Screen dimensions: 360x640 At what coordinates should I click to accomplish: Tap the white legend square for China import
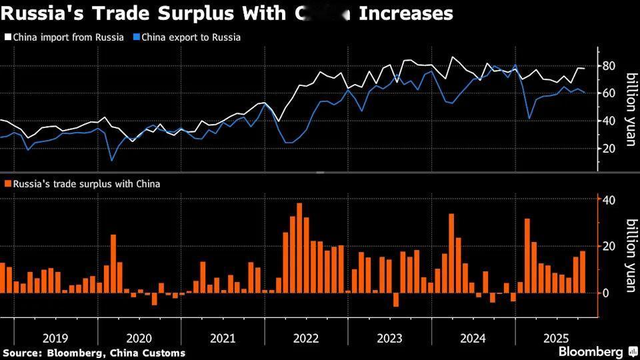click(x=7, y=37)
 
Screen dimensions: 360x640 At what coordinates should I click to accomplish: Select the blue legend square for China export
click(x=136, y=37)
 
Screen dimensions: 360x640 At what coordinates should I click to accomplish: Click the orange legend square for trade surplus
click(x=7, y=183)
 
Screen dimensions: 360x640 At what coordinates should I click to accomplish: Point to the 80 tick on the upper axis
click(x=608, y=65)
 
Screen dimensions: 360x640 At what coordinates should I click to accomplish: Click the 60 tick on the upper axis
click(x=608, y=93)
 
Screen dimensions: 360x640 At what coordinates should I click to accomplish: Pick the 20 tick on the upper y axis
click(x=608, y=149)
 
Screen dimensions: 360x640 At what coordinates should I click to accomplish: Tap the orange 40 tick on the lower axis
click(x=608, y=200)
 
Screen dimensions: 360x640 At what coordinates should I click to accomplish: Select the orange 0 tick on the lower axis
click(x=605, y=293)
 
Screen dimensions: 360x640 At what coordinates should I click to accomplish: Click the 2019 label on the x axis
click(x=55, y=338)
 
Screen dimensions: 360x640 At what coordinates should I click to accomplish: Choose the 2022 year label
click(x=306, y=338)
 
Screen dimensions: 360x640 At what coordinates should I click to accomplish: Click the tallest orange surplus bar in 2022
click(x=299, y=247)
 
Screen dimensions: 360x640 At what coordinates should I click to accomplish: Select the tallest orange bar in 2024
click(x=451, y=253)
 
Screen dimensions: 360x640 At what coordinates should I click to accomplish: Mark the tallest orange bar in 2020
click(x=113, y=263)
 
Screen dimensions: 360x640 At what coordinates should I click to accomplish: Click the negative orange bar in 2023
click(x=395, y=299)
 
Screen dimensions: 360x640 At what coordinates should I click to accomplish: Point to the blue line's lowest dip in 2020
click(x=112, y=160)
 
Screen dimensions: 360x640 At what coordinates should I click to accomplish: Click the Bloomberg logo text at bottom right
click(x=591, y=351)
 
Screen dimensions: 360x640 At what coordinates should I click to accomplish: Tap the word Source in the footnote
click(x=19, y=353)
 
